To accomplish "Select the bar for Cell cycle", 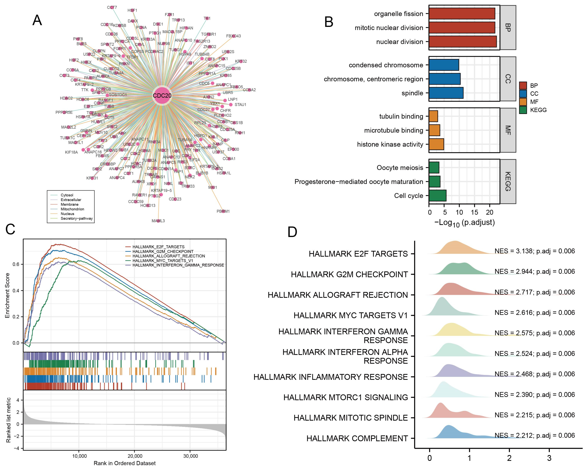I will coord(438,196).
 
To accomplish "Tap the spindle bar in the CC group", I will coord(446,93).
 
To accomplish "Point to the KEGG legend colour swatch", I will coord(523,110).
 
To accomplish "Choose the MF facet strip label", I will coord(508,130).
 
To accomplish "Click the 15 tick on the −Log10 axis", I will coord(474,212).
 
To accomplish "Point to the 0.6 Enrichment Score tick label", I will coord(16,264).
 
